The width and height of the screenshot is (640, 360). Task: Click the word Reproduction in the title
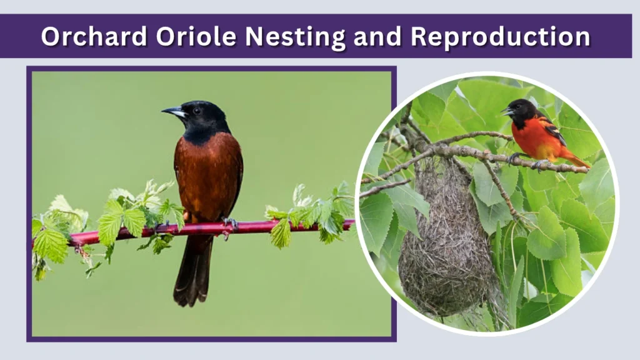(504, 37)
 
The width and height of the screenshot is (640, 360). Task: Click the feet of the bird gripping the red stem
(230, 223)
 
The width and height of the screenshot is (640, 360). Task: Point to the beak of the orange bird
(505, 112)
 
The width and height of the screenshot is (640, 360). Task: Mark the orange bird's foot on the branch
(514, 159)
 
